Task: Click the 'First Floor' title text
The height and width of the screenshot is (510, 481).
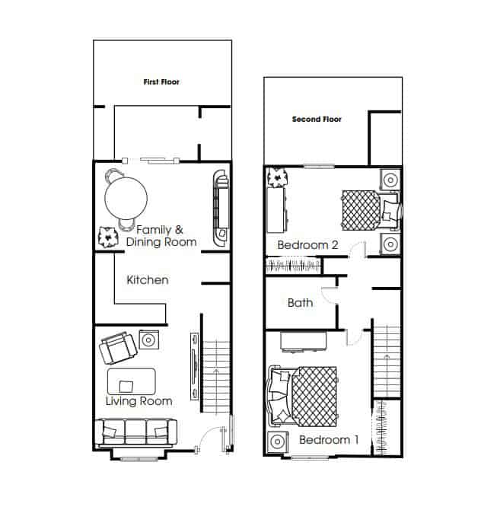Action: pyautogui.click(x=161, y=82)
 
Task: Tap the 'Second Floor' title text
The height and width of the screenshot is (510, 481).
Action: pyautogui.click(x=317, y=120)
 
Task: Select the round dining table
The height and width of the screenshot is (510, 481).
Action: pyautogui.click(x=126, y=198)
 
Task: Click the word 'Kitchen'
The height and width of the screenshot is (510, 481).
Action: pyautogui.click(x=148, y=279)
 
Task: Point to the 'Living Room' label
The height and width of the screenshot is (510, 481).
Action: pyautogui.click(x=139, y=401)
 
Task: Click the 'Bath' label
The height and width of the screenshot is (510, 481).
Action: pyautogui.click(x=300, y=303)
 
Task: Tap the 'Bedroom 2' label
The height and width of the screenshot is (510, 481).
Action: pyautogui.click(x=307, y=244)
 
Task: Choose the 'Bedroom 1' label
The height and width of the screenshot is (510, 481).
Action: pyautogui.click(x=329, y=440)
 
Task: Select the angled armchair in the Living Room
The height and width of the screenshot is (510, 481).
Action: pyautogui.click(x=118, y=349)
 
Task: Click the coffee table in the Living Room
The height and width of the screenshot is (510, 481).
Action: pyautogui.click(x=132, y=381)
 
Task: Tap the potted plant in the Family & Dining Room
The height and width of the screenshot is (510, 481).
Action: pyautogui.click(x=108, y=237)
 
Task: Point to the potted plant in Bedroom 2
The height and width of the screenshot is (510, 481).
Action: pyautogui.click(x=278, y=177)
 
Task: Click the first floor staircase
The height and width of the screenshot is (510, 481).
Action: pyautogui.click(x=216, y=377)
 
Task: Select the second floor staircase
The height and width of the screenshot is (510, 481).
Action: pyautogui.click(x=387, y=362)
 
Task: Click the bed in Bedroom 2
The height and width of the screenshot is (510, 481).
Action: pyautogui.click(x=371, y=210)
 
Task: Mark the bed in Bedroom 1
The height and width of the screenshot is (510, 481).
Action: pyautogui.click(x=301, y=397)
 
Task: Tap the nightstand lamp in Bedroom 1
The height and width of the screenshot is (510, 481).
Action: pyautogui.click(x=278, y=441)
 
